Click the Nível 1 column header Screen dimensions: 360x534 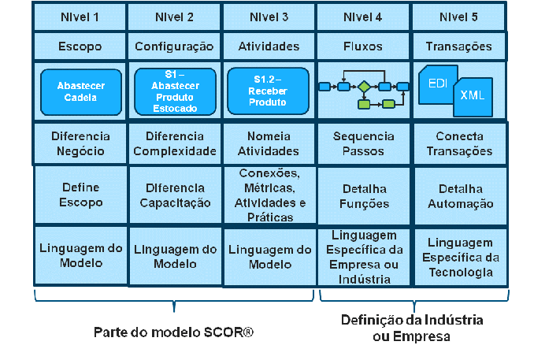pyautogui.click(x=80, y=16)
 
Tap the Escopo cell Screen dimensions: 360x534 pyautogui.click(x=80, y=46)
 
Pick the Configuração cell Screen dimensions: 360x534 pyautogui.click(x=174, y=46)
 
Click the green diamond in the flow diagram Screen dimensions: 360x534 pyautogui.click(x=364, y=87)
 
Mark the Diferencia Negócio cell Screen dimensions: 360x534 pyautogui.click(x=80, y=143)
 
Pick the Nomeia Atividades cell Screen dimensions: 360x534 pyautogui.click(x=269, y=143)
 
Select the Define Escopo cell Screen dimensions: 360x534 pyautogui.click(x=80, y=195)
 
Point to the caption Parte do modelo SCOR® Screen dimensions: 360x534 pyautogui.click(x=173, y=332)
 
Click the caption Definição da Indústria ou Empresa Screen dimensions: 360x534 pyautogui.click(x=412, y=328)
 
